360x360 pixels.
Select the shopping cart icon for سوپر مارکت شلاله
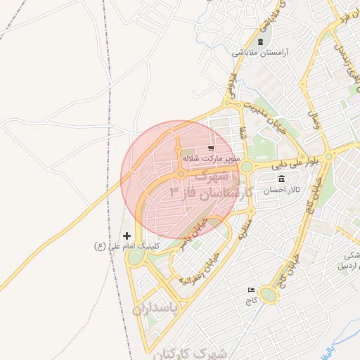pyautogui.click(x=210, y=148)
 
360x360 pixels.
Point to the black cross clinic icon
pyautogui.click(x=127, y=236)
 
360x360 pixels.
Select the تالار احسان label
pyautogui.click(x=282, y=191)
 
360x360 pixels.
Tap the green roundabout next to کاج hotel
pyautogui.click(x=269, y=294)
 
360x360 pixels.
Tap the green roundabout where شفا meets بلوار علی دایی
pyautogui.click(x=247, y=167)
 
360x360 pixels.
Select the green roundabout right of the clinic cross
pyautogui.click(x=134, y=257)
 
